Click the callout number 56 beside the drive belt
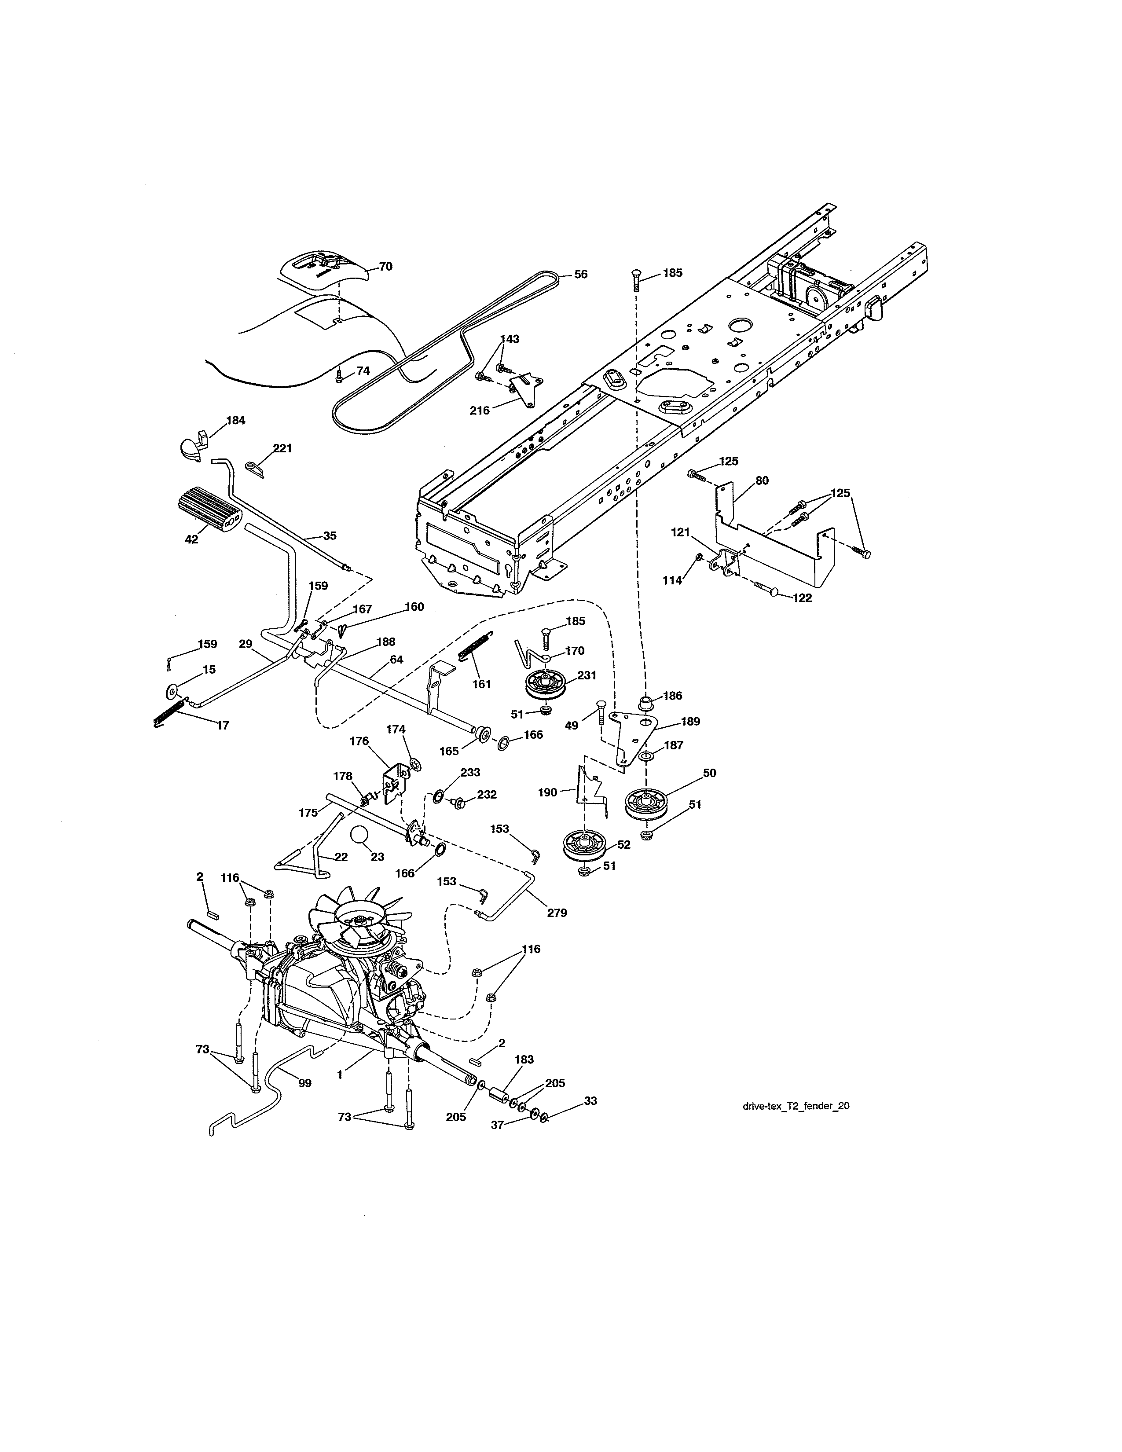[580, 274]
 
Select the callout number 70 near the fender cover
[385, 267]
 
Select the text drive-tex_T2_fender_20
[795, 1106]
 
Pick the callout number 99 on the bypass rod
[304, 1083]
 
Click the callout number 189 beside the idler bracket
[689, 721]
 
